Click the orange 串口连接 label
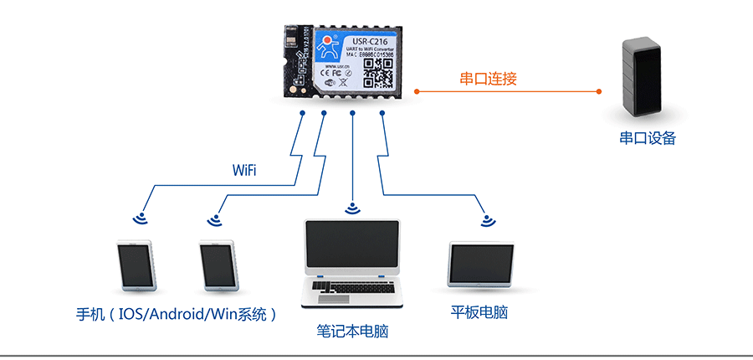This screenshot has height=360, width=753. [x=488, y=80]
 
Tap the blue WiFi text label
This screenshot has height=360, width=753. [x=244, y=171]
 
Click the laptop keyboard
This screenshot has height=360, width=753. [x=352, y=289]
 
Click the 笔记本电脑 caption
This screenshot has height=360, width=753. [x=352, y=332]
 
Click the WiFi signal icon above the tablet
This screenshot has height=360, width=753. [x=487, y=221]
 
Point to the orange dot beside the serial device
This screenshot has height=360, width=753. [x=598, y=90]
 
